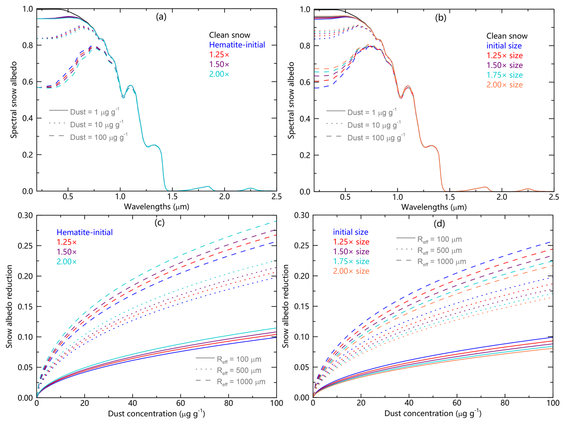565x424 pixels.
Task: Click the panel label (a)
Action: point(161,17)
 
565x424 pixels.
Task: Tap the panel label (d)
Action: point(439,224)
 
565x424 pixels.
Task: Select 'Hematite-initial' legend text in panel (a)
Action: point(237,45)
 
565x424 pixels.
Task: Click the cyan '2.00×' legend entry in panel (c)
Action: point(67,262)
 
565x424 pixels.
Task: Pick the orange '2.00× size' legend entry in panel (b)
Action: point(504,85)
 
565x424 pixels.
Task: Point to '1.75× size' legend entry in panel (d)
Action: point(351,261)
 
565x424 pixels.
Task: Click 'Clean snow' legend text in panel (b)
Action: point(507,36)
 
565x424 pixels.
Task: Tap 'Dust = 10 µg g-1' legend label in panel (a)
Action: point(96,125)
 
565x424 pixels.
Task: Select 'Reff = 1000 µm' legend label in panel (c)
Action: point(241,382)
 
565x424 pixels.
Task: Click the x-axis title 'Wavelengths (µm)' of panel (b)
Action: point(434,207)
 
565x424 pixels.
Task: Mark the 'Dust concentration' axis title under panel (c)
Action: point(156,414)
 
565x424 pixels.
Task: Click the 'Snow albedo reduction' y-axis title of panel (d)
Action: point(286,306)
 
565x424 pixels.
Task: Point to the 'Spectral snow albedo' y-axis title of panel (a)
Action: point(13,100)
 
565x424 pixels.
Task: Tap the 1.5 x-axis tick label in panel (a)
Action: point(172,197)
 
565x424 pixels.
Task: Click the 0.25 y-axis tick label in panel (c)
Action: point(26,246)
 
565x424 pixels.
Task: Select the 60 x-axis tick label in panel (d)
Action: point(457,403)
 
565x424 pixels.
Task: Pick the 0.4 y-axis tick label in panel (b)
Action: point(305,119)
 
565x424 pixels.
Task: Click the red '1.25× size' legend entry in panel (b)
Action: point(504,56)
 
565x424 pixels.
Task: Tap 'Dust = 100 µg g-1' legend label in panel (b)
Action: point(376,138)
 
